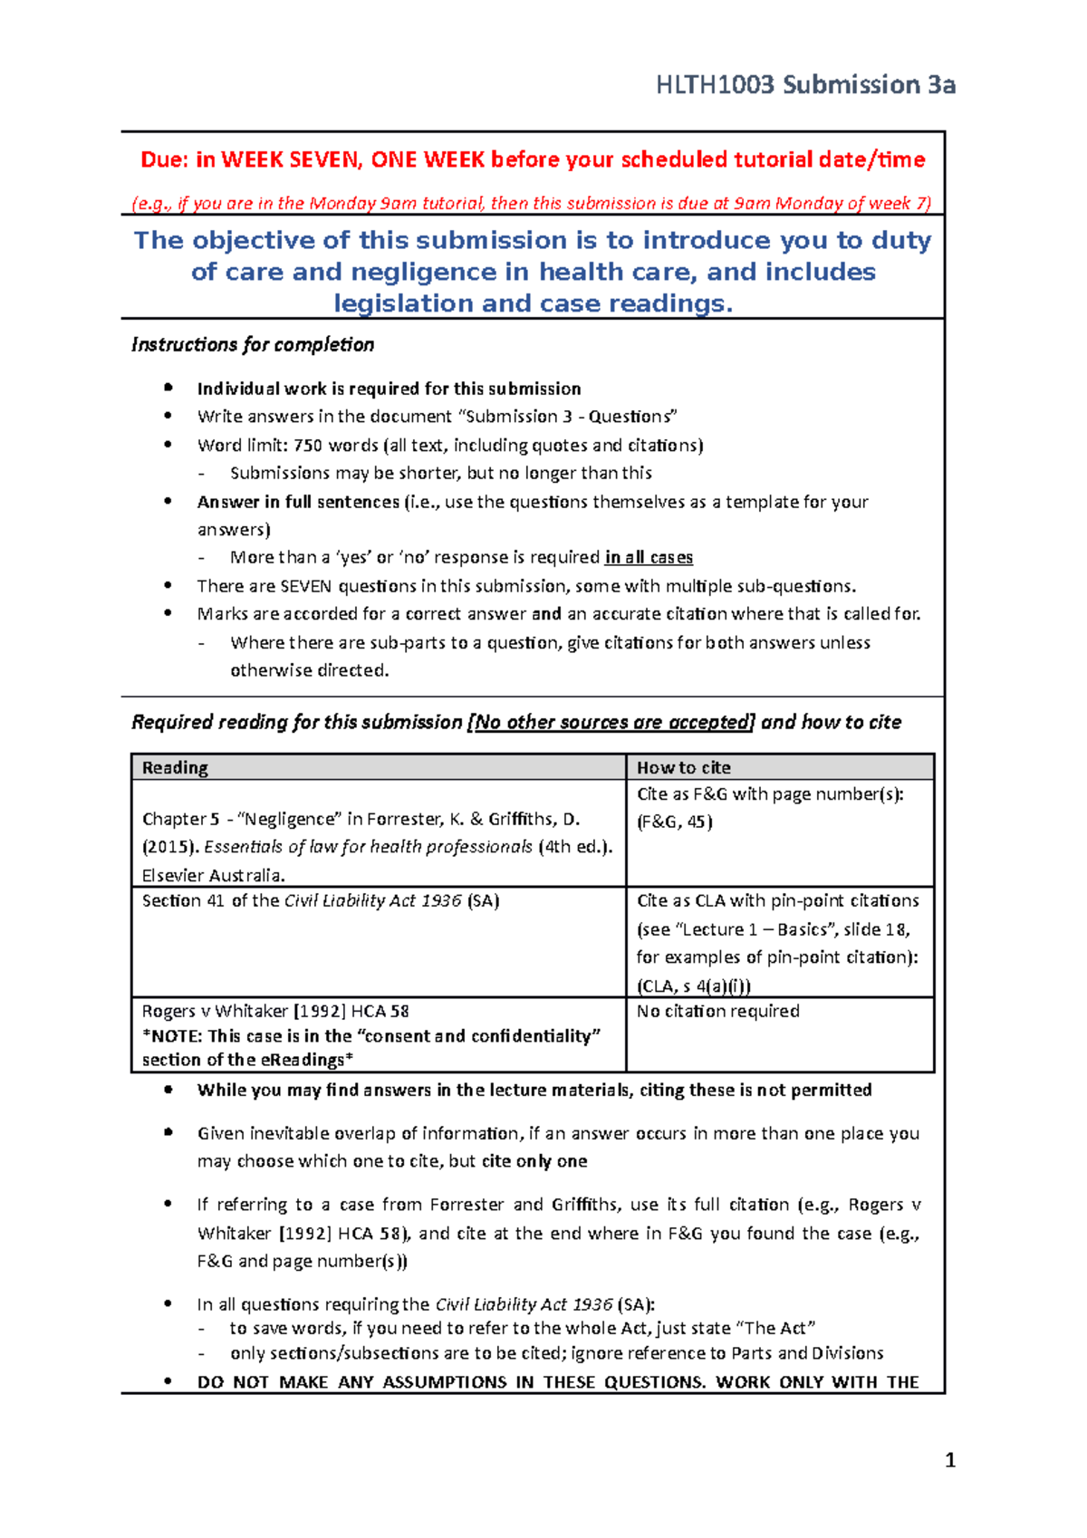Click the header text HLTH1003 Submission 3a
click(x=805, y=85)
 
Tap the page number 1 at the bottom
click(x=949, y=1459)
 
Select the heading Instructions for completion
click(x=253, y=345)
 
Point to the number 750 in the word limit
click(x=308, y=446)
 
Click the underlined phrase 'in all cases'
click(x=649, y=558)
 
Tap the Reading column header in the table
click(x=175, y=768)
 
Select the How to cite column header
click(x=683, y=768)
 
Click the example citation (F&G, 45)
click(x=675, y=822)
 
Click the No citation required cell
click(x=717, y=1011)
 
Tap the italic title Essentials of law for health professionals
click(x=369, y=847)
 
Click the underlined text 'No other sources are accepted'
click(x=613, y=722)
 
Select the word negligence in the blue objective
click(x=424, y=272)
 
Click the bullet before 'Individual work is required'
click(x=168, y=388)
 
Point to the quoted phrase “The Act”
click(x=780, y=1328)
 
